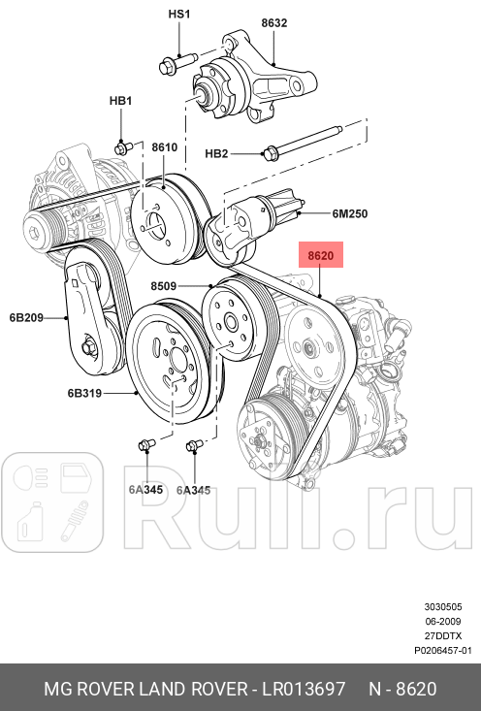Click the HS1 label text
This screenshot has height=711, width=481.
(x=179, y=15)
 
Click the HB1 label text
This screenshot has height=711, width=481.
(x=120, y=101)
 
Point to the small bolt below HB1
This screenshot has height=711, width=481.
(x=123, y=147)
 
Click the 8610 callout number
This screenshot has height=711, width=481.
(x=164, y=147)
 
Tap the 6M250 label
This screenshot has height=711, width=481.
(x=350, y=213)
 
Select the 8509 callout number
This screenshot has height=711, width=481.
(x=164, y=286)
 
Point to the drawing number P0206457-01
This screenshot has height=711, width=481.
(x=442, y=651)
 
